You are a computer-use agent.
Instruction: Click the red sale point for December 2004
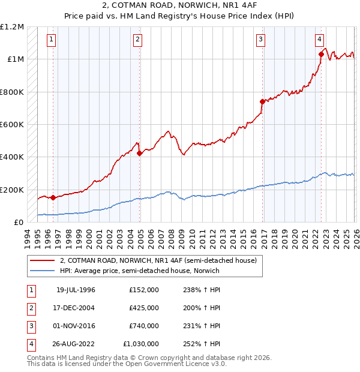(x=140, y=153)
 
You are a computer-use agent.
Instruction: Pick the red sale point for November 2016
(x=262, y=101)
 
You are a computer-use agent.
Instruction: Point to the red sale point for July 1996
(x=53, y=197)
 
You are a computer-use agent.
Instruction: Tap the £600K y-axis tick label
(x=12, y=125)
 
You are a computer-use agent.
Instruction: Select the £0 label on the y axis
(x=18, y=223)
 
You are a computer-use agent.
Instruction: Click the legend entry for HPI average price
(x=139, y=271)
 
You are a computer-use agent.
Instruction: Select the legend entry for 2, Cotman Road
(x=158, y=260)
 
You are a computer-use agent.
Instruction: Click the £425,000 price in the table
(x=144, y=308)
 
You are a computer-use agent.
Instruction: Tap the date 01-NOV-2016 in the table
(x=76, y=326)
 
